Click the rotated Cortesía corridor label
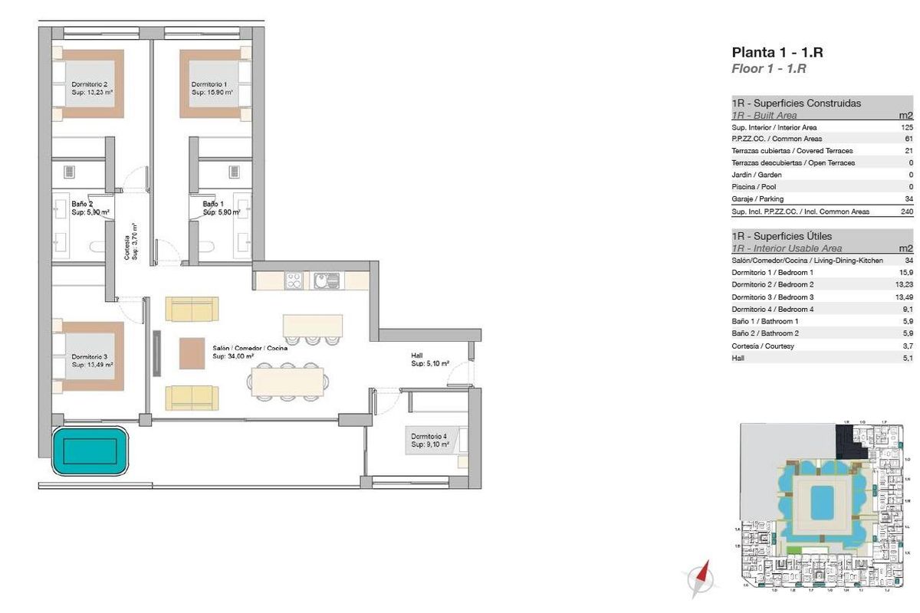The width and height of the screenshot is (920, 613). click(x=131, y=241)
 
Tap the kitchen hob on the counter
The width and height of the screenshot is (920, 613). click(x=295, y=280)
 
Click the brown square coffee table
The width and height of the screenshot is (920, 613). click(x=192, y=353)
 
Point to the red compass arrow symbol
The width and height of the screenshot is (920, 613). click(x=699, y=579)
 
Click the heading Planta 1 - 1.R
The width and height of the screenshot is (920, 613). click(x=777, y=53)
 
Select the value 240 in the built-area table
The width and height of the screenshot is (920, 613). click(x=906, y=211)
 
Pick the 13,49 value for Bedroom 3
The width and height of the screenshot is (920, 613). click(x=904, y=297)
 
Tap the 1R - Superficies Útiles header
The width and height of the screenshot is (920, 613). click(x=781, y=237)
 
